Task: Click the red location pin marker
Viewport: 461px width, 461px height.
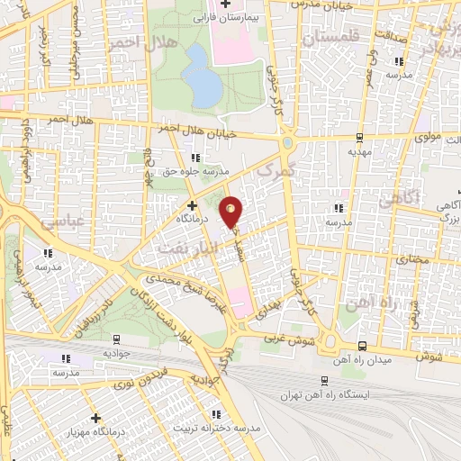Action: click(232, 211)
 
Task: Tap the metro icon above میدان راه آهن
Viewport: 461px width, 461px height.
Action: click(361, 346)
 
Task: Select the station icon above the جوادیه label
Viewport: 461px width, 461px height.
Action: click(115, 339)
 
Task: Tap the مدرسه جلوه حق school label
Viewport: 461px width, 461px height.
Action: click(206, 169)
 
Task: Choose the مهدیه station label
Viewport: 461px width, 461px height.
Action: click(360, 152)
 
